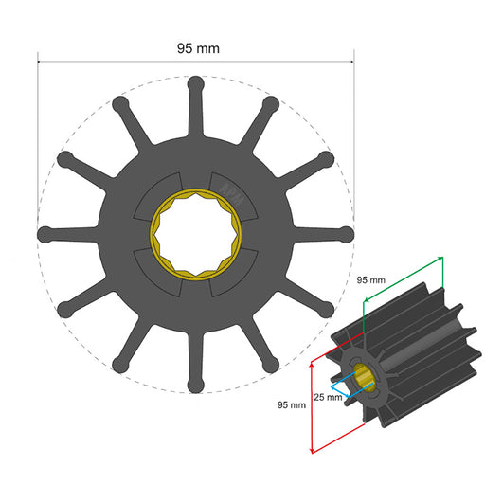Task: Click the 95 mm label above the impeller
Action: (197, 47)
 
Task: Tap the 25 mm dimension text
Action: (328, 397)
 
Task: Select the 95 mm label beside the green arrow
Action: (370, 280)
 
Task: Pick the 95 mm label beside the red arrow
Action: (291, 404)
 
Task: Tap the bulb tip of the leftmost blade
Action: (44, 233)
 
